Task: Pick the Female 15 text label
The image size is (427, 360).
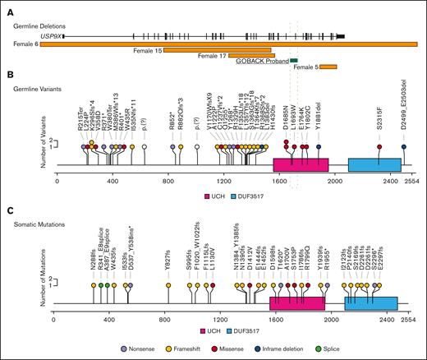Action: (x=146, y=51)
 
